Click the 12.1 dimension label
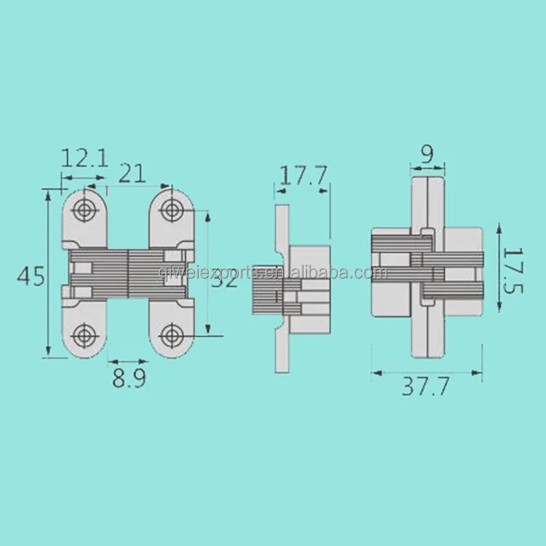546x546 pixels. tap(84, 158)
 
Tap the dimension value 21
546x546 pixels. tap(131, 173)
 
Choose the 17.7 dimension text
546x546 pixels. tap(303, 175)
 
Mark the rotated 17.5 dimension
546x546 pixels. tap(514, 270)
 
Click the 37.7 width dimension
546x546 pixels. tap(427, 387)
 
